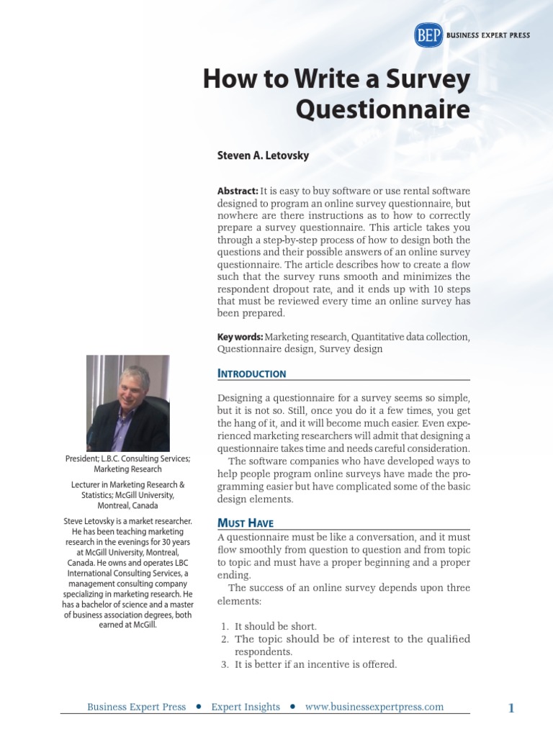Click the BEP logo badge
click(x=428, y=35)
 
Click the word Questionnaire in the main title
click(x=383, y=110)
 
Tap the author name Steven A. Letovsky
click(x=263, y=155)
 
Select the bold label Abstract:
click(x=238, y=191)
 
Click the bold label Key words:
click(x=240, y=336)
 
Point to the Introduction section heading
click(x=251, y=374)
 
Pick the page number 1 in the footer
click(x=511, y=708)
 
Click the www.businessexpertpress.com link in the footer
click(x=374, y=707)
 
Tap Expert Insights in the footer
click(x=246, y=707)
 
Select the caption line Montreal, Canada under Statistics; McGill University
click(x=127, y=505)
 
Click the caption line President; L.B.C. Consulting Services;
click(x=127, y=458)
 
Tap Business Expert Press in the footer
click(x=136, y=707)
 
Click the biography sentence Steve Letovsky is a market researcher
click(x=127, y=520)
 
